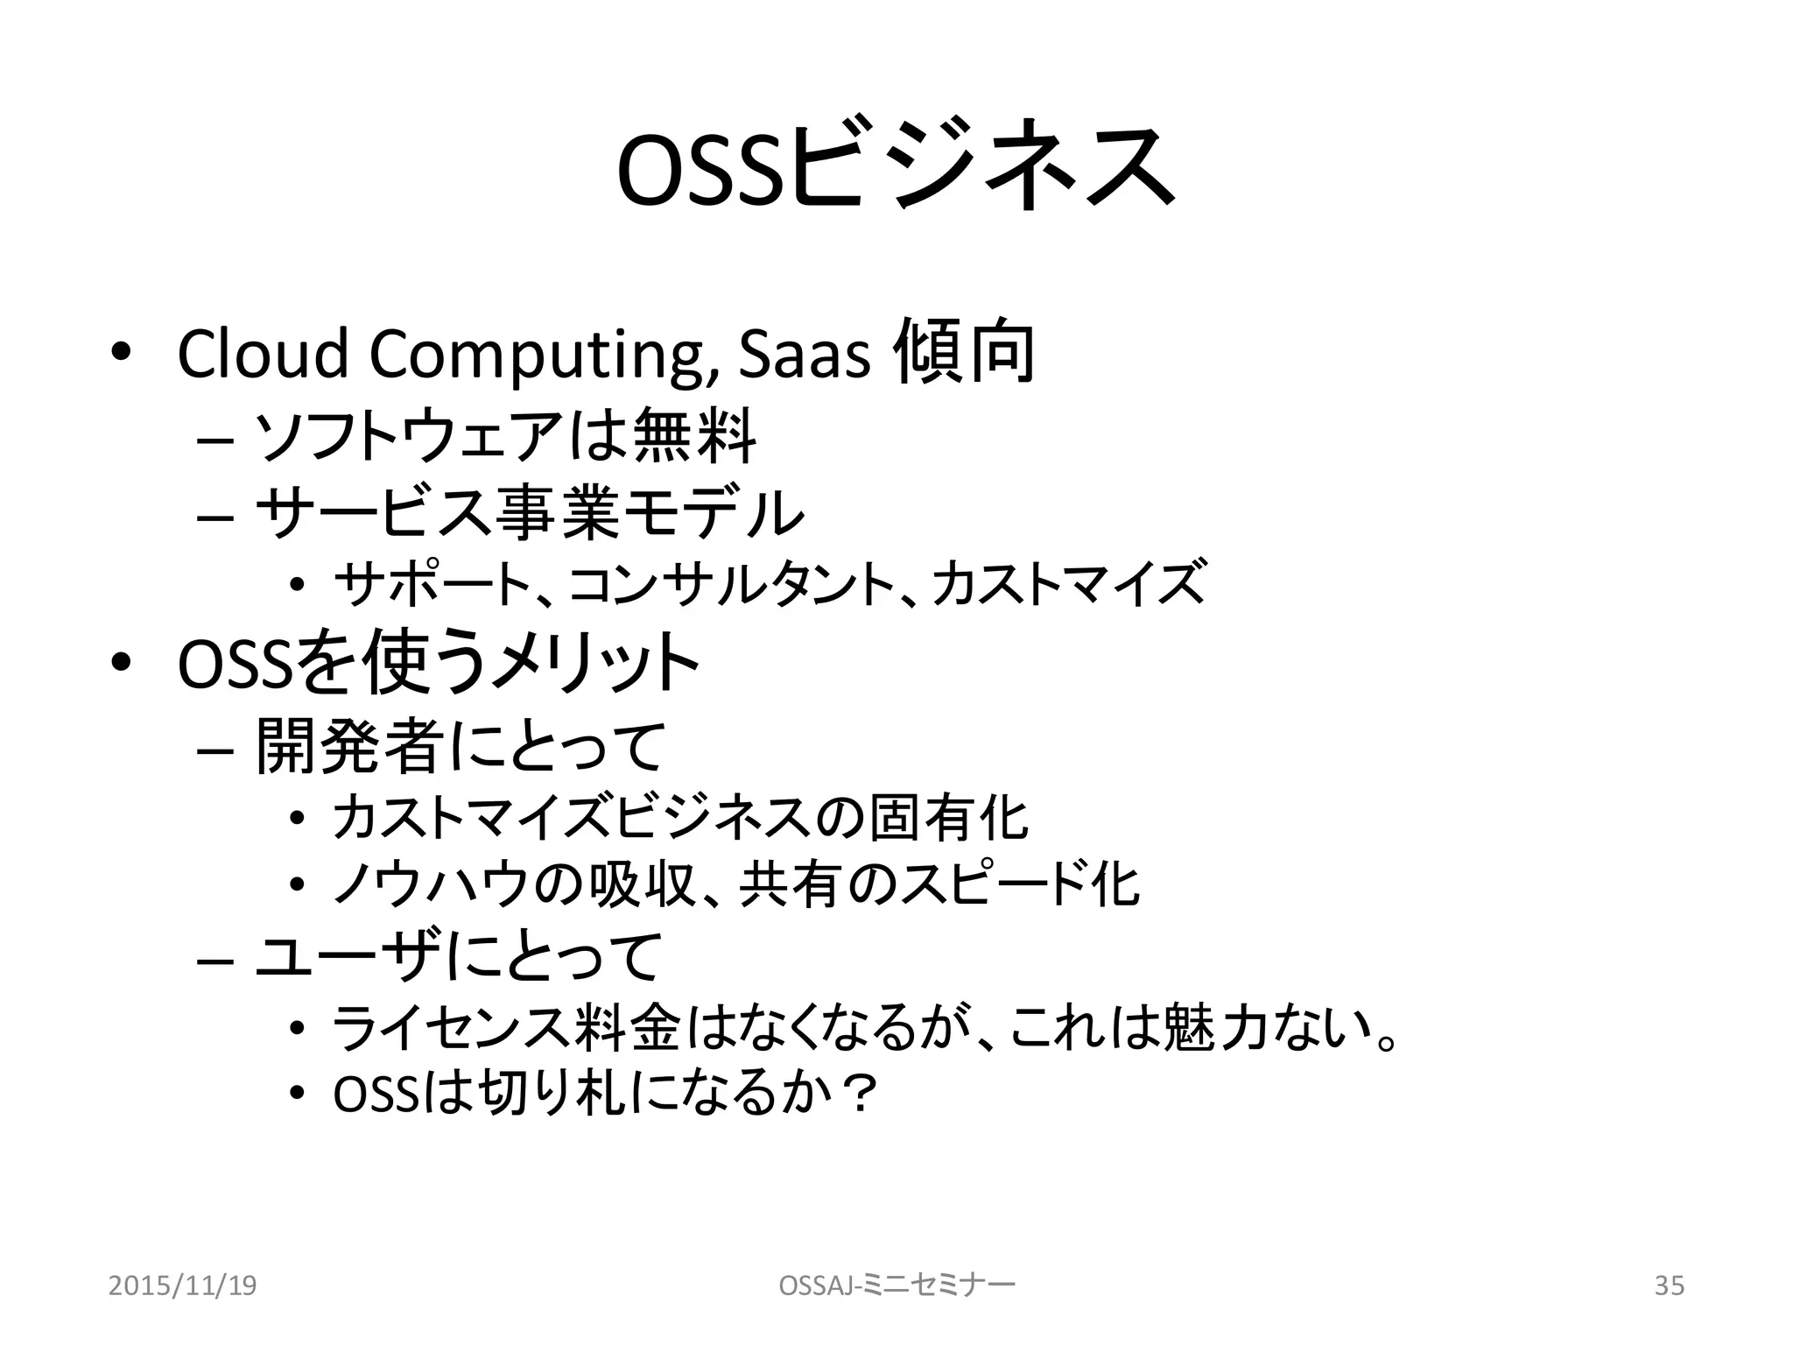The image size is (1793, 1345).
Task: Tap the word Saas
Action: pos(805,355)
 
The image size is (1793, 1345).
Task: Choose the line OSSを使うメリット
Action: pos(438,663)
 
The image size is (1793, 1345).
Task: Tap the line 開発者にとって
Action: pos(461,747)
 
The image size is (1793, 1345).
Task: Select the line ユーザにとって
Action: pos(459,956)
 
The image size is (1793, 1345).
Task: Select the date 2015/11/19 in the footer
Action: pos(182,1285)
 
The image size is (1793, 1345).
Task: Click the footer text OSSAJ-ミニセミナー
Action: pos(896,1285)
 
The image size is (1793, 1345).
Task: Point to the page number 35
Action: pos(1669,1285)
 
